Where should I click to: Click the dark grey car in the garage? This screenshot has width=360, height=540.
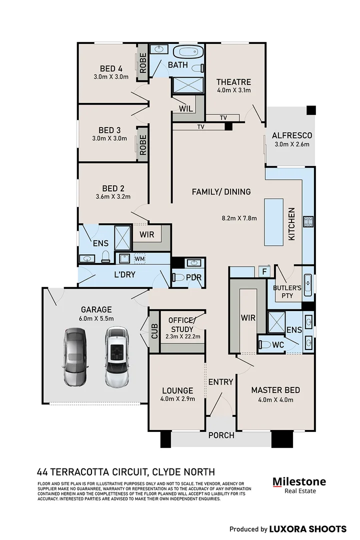75,357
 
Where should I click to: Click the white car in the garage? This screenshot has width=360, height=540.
117,356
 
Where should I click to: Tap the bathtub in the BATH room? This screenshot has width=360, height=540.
187,52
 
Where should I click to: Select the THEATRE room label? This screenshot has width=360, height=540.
233,82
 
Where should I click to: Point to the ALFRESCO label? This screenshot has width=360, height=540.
292,135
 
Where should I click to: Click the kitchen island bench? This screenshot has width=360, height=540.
274,222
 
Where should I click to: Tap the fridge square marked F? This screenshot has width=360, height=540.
264,271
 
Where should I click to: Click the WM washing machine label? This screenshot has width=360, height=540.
139,258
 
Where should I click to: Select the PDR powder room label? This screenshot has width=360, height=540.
193,277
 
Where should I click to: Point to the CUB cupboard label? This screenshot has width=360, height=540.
154,331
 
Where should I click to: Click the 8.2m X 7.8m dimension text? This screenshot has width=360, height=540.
239,218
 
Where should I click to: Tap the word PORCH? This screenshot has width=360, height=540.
221,435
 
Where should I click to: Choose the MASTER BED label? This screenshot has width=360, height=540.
275,390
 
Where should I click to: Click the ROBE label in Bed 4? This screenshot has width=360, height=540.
143,62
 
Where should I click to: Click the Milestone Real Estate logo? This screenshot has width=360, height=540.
299,485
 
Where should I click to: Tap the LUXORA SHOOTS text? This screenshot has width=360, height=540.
307,529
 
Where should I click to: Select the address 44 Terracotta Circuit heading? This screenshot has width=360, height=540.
125,472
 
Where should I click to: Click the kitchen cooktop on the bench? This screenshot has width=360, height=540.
308,221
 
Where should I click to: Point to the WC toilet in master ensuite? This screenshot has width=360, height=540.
265,344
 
